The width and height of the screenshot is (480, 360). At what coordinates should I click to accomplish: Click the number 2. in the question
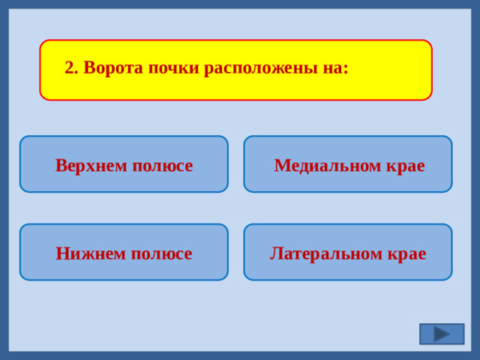coord(71,68)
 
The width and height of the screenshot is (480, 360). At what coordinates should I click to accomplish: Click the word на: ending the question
coord(336,68)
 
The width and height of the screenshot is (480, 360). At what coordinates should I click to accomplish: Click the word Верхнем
coord(91,165)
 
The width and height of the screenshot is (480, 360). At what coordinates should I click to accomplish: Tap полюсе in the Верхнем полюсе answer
coord(162,165)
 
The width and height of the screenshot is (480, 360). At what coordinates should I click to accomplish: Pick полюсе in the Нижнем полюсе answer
coord(161,253)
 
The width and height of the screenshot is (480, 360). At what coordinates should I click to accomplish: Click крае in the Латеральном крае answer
coord(407,253)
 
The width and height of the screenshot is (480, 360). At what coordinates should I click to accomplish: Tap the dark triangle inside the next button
coord(442,334)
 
